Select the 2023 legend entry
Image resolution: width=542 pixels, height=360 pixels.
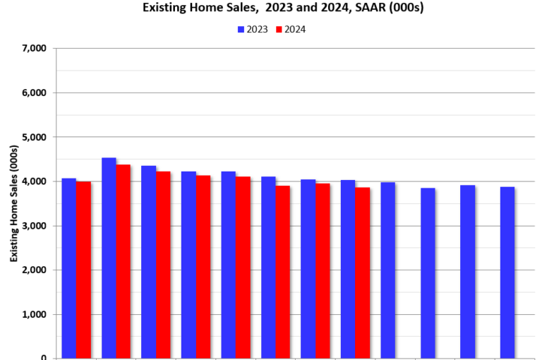(x=252, y=30)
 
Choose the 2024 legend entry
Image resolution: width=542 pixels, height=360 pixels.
(x=290, y=30)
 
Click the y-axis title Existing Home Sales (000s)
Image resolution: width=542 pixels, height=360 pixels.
(x=14, y=203)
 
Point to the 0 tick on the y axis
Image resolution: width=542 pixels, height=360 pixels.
(x=43, y=358)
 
